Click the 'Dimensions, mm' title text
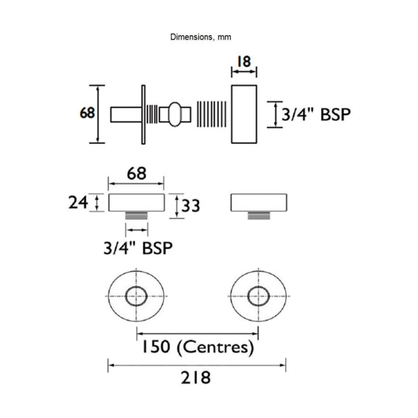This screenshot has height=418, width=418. pos(201,37)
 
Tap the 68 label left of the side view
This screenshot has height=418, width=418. pos(87,113)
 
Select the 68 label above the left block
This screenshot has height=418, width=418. pos(136,173)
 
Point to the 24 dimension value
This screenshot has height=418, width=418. pos(77,202)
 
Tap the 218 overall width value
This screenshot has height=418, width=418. pos(197,377)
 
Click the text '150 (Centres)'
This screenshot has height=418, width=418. pos(196,346)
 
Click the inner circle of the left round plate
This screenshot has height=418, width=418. pos(137,296)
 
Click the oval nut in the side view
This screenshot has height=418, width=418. pos(173,113)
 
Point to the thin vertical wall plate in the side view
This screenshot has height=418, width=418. pos(142,113)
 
